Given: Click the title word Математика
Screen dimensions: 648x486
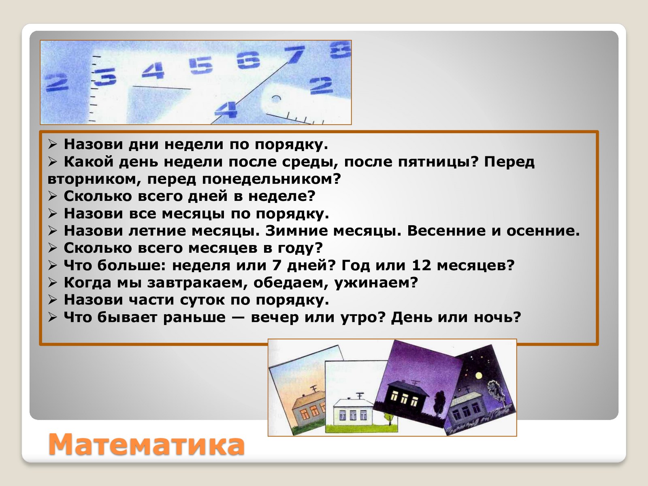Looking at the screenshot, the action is pos(147,445).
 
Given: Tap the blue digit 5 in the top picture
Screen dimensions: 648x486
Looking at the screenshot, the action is pos(201,66).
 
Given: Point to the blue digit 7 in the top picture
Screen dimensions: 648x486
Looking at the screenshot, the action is pos(294,55).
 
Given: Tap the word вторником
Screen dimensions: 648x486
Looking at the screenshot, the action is pos(94,179).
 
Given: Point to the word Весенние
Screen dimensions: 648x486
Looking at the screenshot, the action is pos(446,231).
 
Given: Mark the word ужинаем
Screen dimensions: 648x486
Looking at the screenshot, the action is pos(373,283).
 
